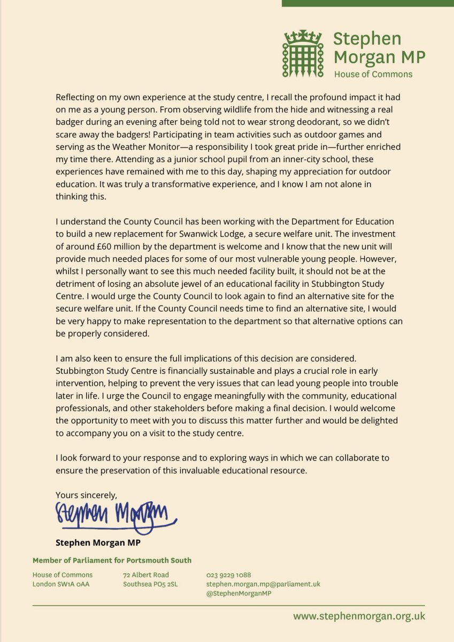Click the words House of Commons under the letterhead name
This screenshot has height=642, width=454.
tap(373, 74)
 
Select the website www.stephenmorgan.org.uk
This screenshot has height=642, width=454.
tap(359, 616)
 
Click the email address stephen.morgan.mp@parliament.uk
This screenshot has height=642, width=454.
tap(263, 584)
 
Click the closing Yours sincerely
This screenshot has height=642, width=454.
tap(86, 494)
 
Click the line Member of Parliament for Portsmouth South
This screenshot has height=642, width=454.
tap(112, 561)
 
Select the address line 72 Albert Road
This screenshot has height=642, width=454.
tap(146, 575)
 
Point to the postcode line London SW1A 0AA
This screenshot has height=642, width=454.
tap(61, 584)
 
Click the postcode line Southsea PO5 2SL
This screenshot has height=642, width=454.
tap(151, 584)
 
